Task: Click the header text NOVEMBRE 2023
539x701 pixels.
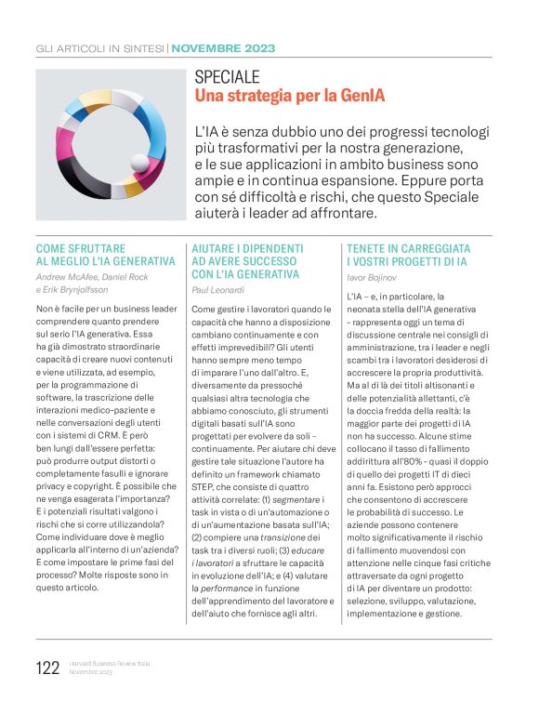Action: [x=222, y=48]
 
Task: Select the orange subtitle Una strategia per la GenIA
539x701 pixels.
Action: [x=289, y=96]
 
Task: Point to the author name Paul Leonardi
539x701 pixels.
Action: [x=220, y=289]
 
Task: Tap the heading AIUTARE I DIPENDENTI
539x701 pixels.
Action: [x=247, y=248]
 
